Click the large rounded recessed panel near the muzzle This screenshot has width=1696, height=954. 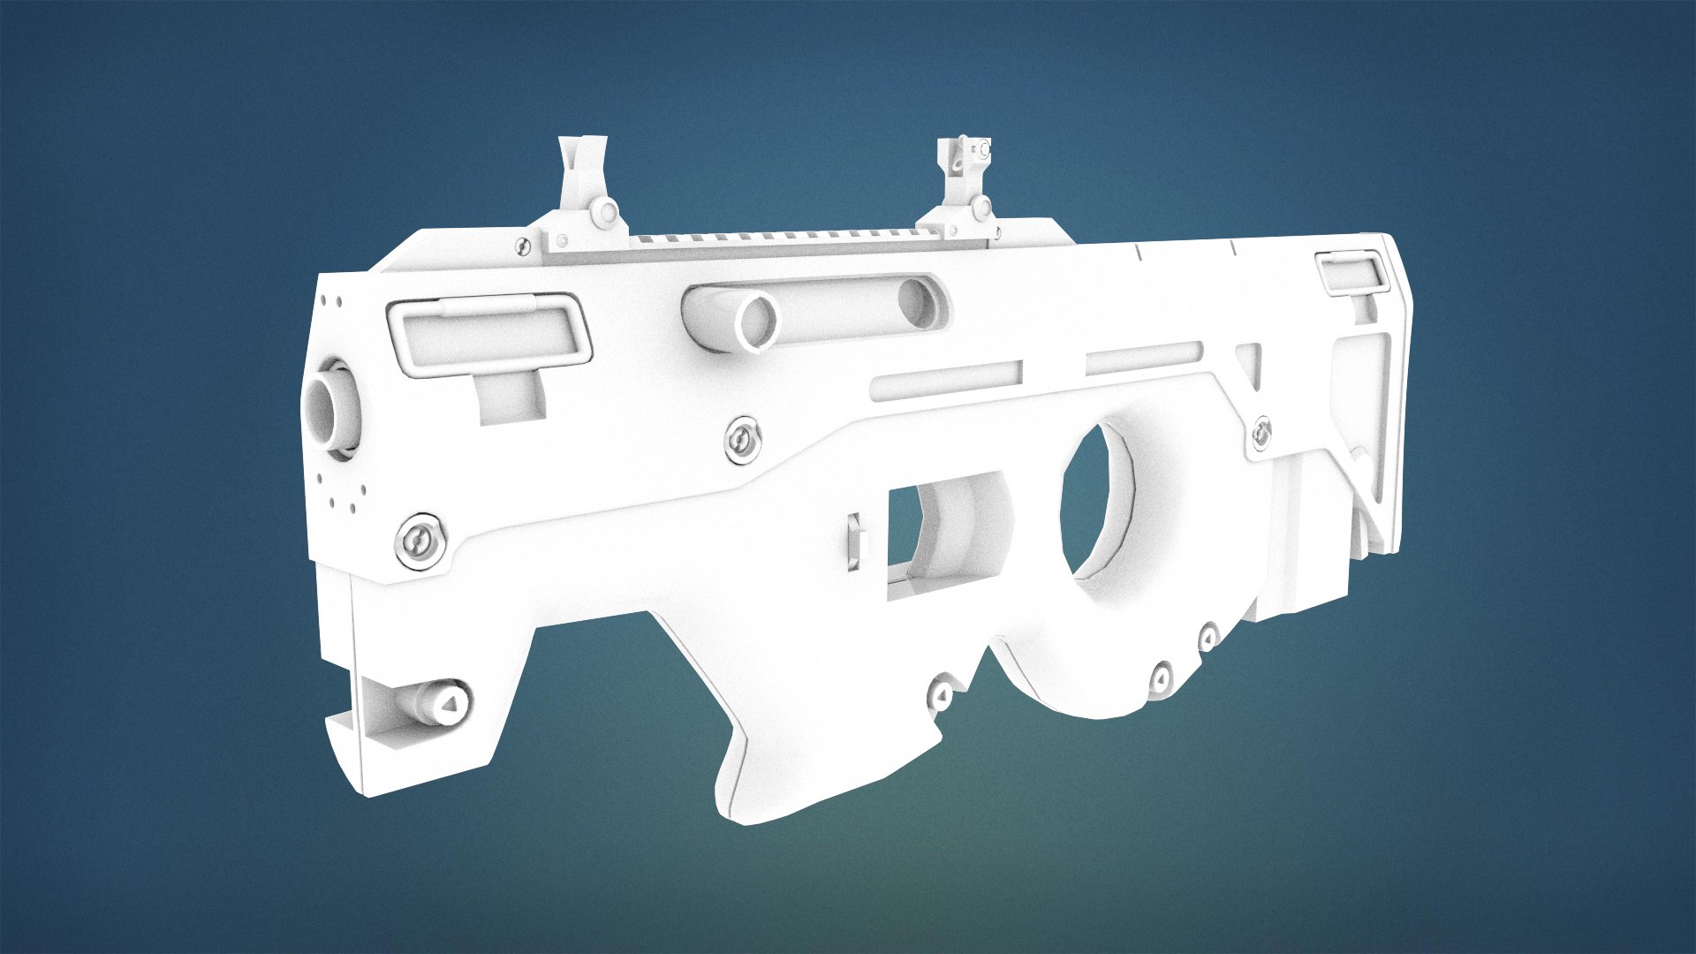point(488,336)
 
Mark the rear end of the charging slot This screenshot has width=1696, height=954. point(919,300)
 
